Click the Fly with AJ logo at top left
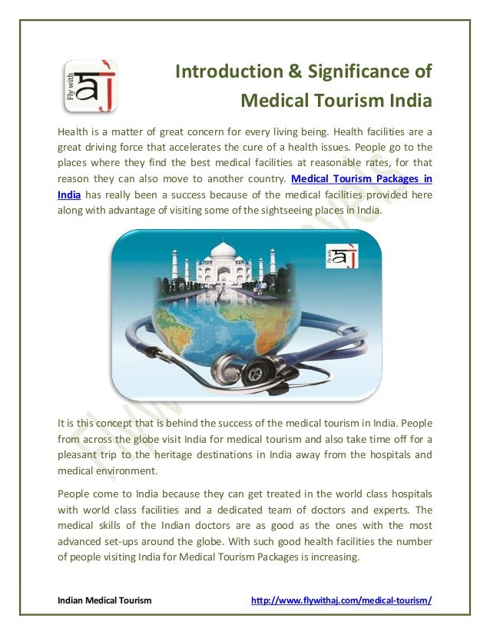89,85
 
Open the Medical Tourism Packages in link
361,178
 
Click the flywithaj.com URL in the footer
342,600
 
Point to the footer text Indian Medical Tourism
104,600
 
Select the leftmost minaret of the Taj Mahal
175,266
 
